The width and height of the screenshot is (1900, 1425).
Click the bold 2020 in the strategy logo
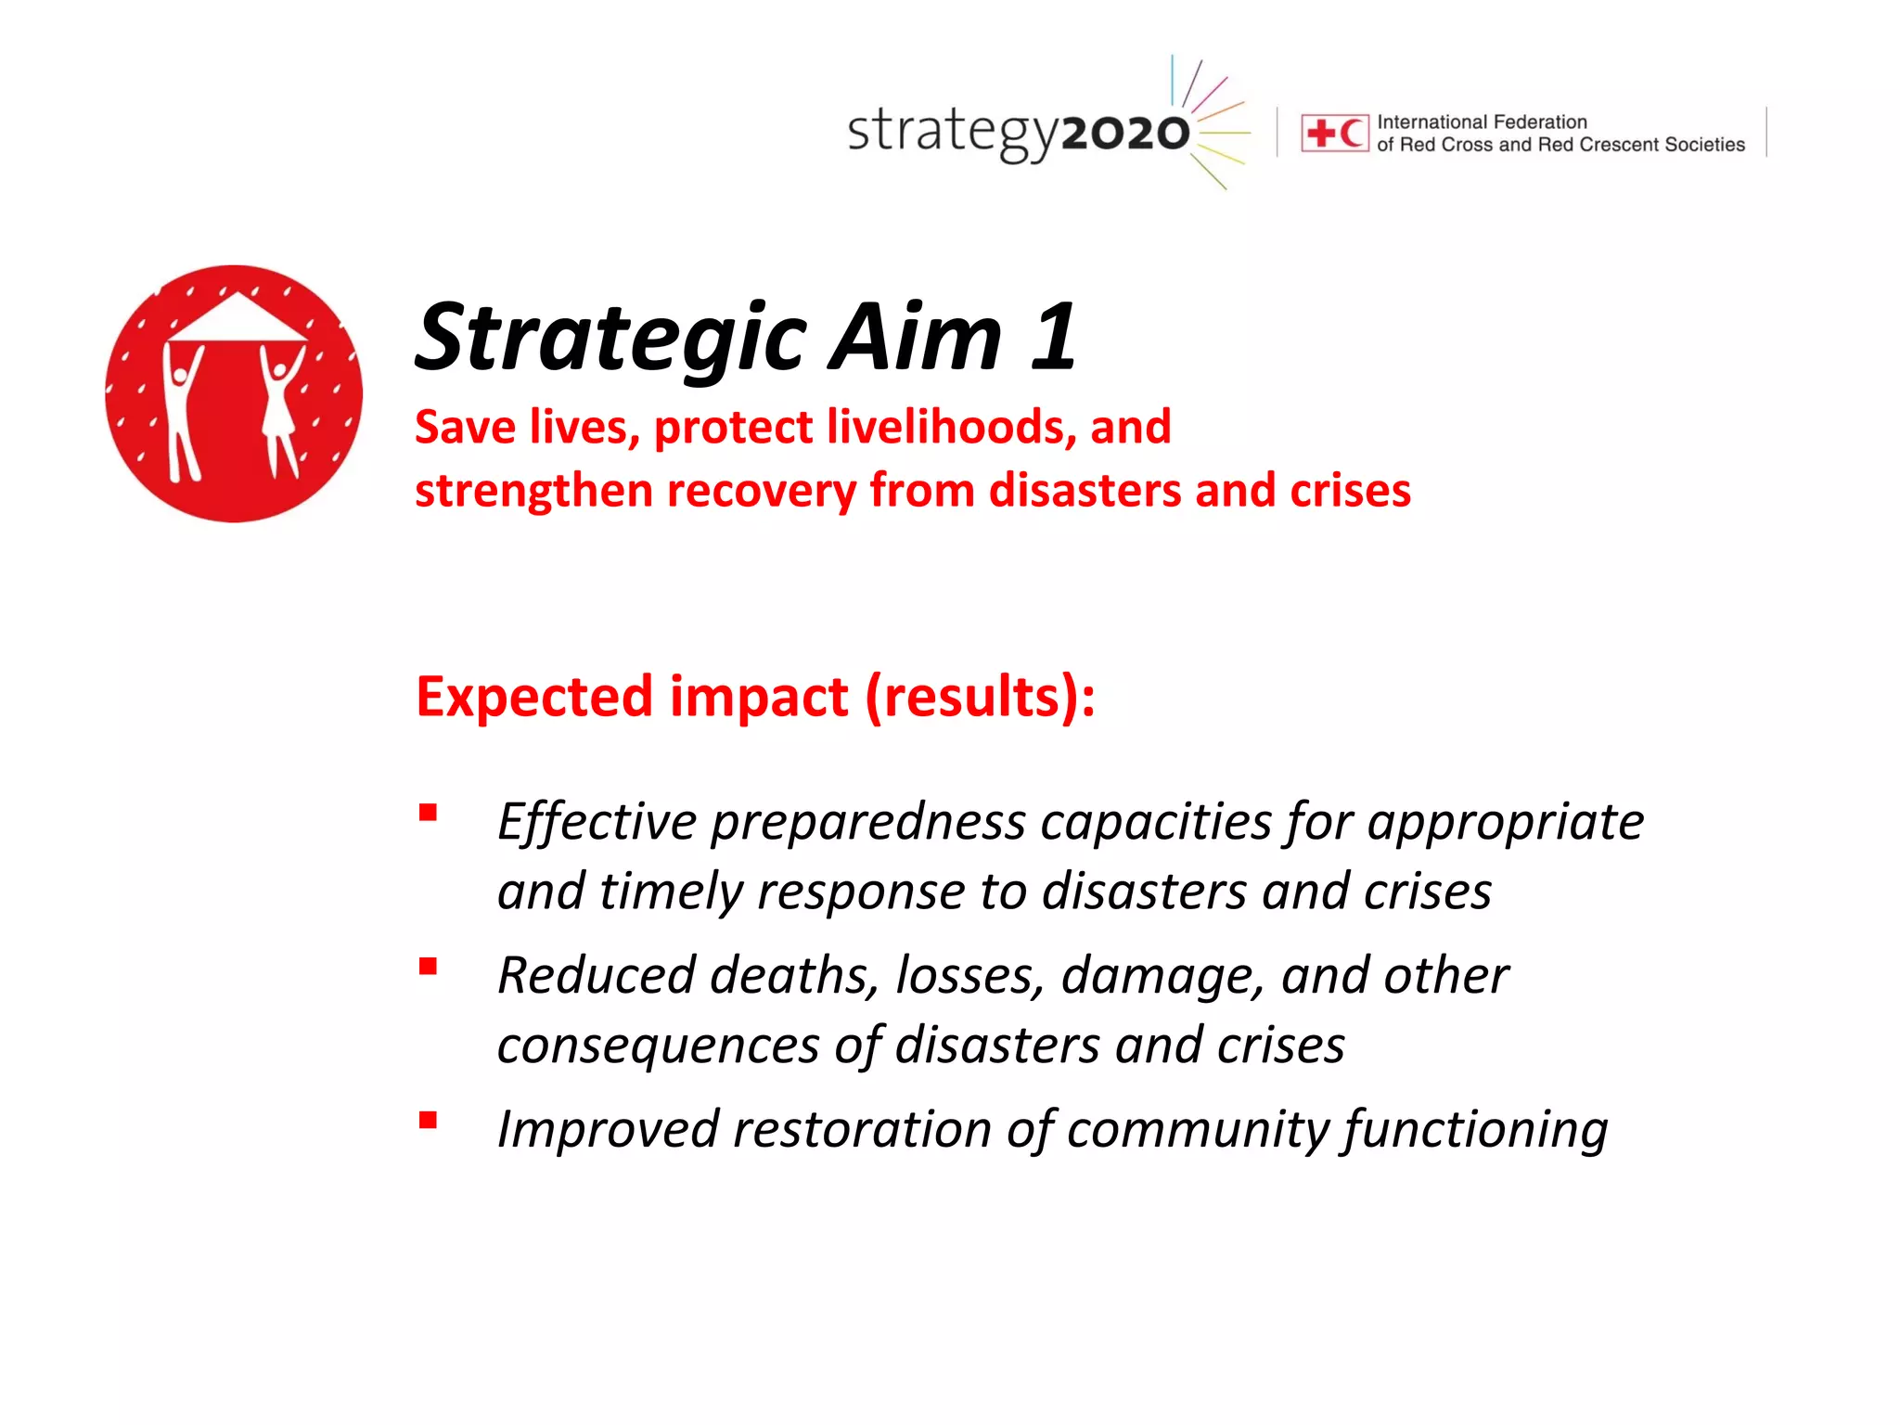(1124, 135)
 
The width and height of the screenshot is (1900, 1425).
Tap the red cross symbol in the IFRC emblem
(1319, 134)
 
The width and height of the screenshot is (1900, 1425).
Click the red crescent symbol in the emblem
(1351, 134)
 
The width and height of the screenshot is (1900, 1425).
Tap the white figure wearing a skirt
(279, 408)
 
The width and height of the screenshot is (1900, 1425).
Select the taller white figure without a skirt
(183, 408)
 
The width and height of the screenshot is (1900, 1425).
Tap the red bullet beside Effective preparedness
(428, 814)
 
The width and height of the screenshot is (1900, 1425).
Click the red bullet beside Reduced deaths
(428, 968)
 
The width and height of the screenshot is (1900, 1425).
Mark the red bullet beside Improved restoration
(428, 1121)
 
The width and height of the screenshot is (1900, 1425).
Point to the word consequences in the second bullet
(658, 1046)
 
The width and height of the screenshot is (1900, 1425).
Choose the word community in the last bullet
(1200, 1130)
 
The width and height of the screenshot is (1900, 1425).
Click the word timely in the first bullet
(671, 892)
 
